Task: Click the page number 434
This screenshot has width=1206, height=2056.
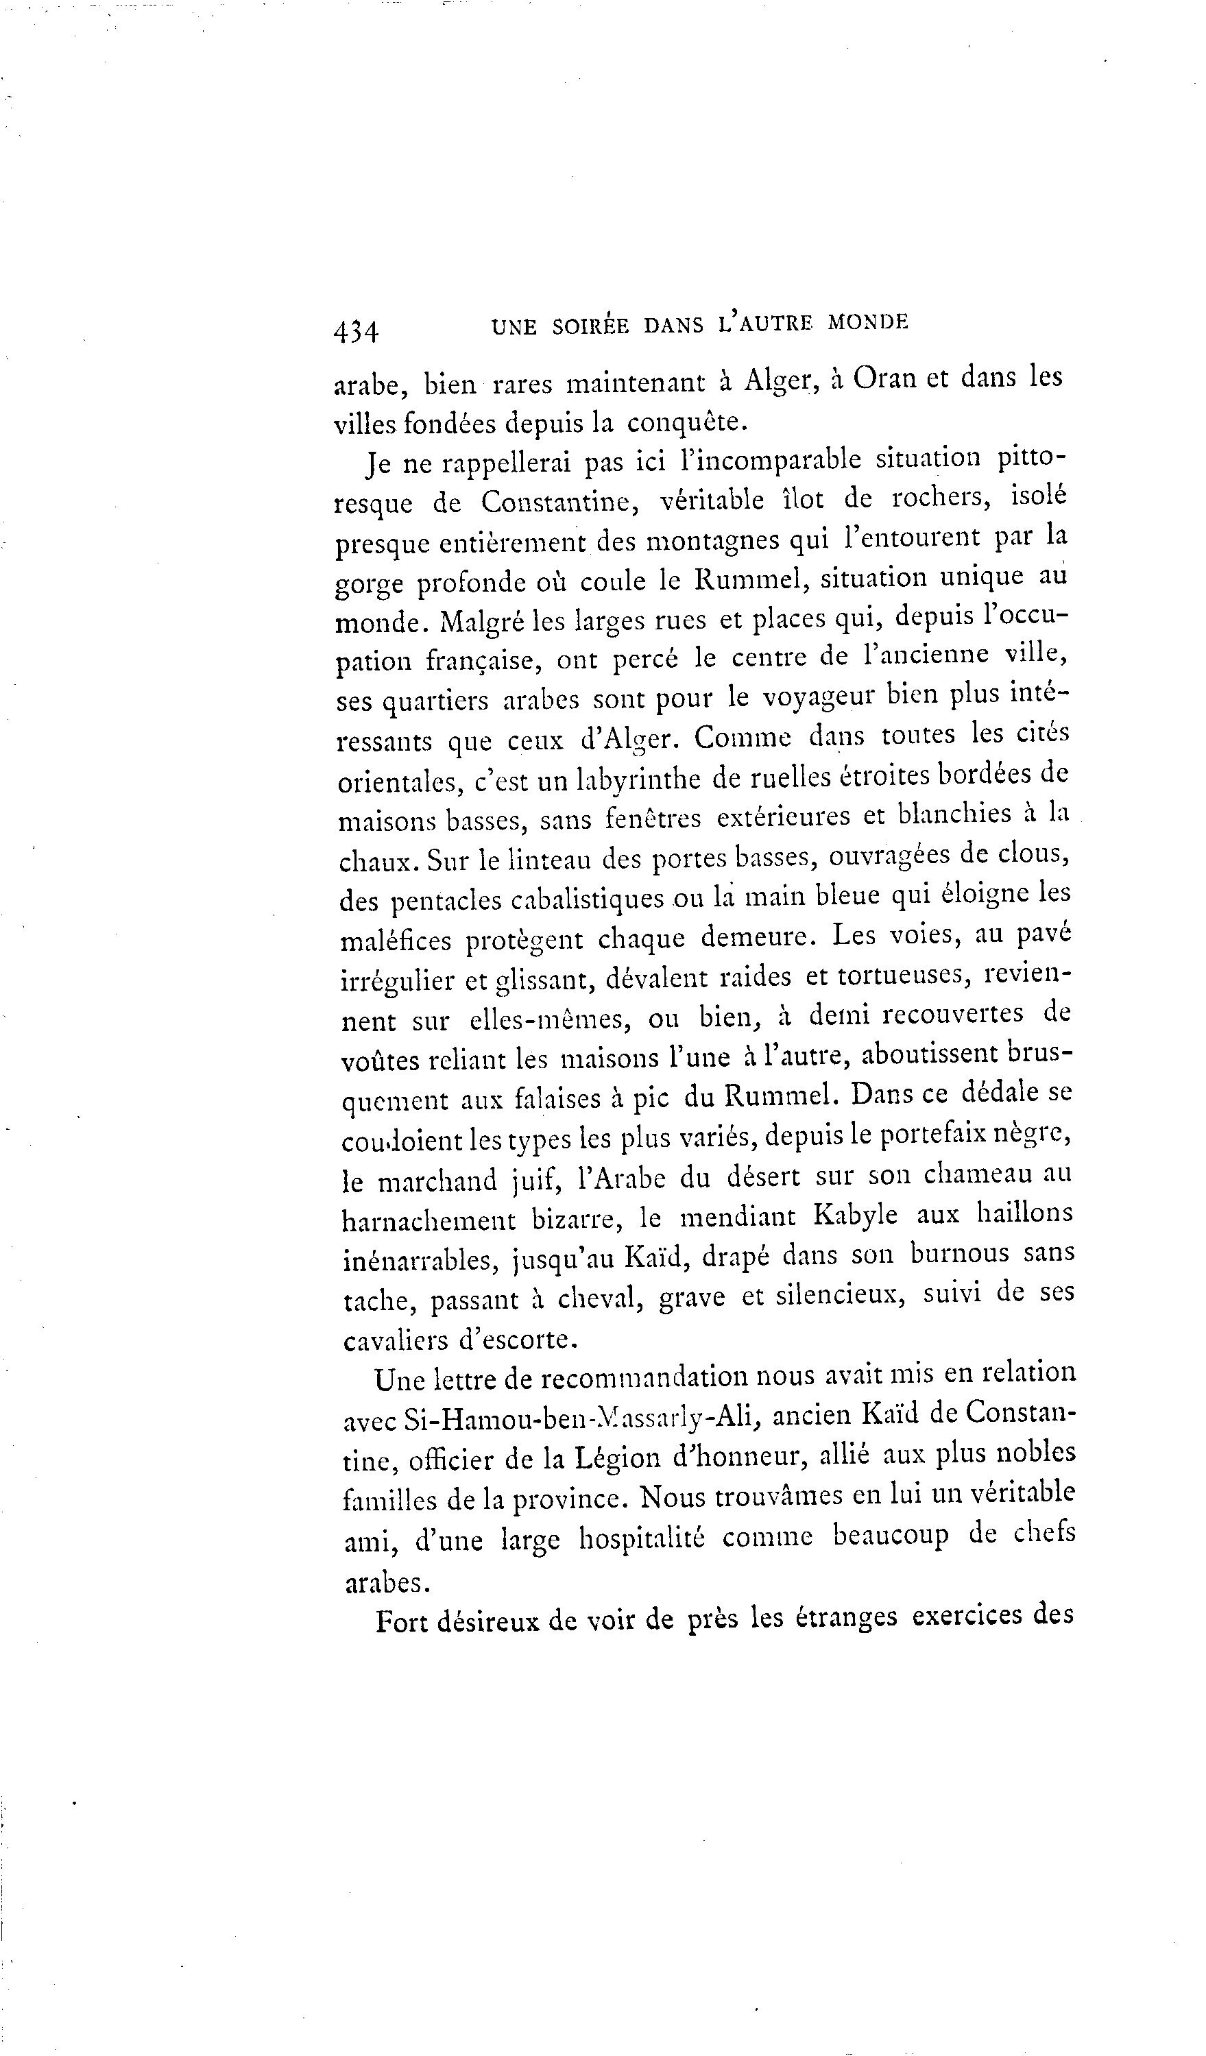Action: [x=356, y=331]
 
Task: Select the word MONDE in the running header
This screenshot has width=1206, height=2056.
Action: [x=867, y=323]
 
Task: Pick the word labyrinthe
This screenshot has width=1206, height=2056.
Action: [x=639, y=779]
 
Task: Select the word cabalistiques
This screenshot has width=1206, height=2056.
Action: [x=587, y=898]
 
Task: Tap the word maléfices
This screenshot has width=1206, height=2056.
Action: [x=396, y=941]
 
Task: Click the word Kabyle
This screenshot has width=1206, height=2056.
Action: [x=856, y=1216]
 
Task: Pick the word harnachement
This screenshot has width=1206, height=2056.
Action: [x=429, y=1220]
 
